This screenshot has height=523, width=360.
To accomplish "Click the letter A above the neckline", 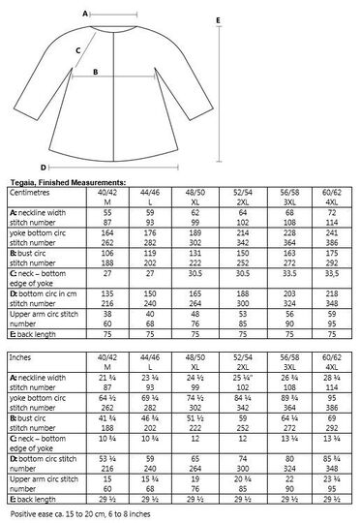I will (86, 15).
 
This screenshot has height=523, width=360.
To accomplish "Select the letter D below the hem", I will (44, 166).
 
